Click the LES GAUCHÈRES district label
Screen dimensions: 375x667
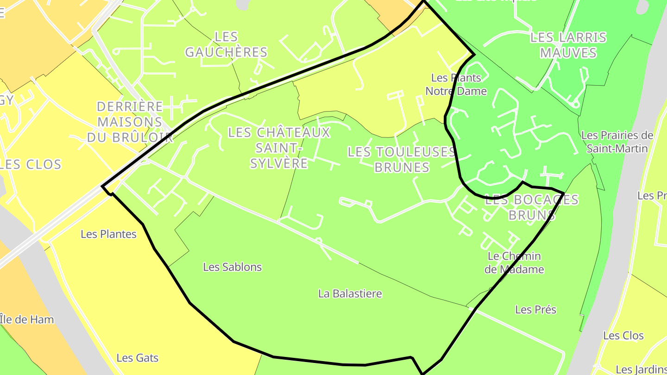[226, 44]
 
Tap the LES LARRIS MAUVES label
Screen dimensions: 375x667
[568, 45]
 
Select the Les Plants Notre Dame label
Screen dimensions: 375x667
[456, 84]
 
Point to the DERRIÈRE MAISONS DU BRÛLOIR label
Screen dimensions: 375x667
[130, 122]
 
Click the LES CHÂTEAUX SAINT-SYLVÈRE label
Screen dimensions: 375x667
[279, 148]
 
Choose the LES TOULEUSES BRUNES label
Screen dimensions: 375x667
[402, 159]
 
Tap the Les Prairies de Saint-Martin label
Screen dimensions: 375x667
[617, 142]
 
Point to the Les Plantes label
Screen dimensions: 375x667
[108, 234]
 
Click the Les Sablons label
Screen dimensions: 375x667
[233, 267]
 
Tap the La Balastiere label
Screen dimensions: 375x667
[350, 294]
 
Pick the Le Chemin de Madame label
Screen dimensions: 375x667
[514, 262]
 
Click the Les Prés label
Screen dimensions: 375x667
[535, 310]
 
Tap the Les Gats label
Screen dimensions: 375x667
[137, 358]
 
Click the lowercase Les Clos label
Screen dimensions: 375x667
[623, 336]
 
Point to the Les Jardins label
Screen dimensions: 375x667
[641, 369]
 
